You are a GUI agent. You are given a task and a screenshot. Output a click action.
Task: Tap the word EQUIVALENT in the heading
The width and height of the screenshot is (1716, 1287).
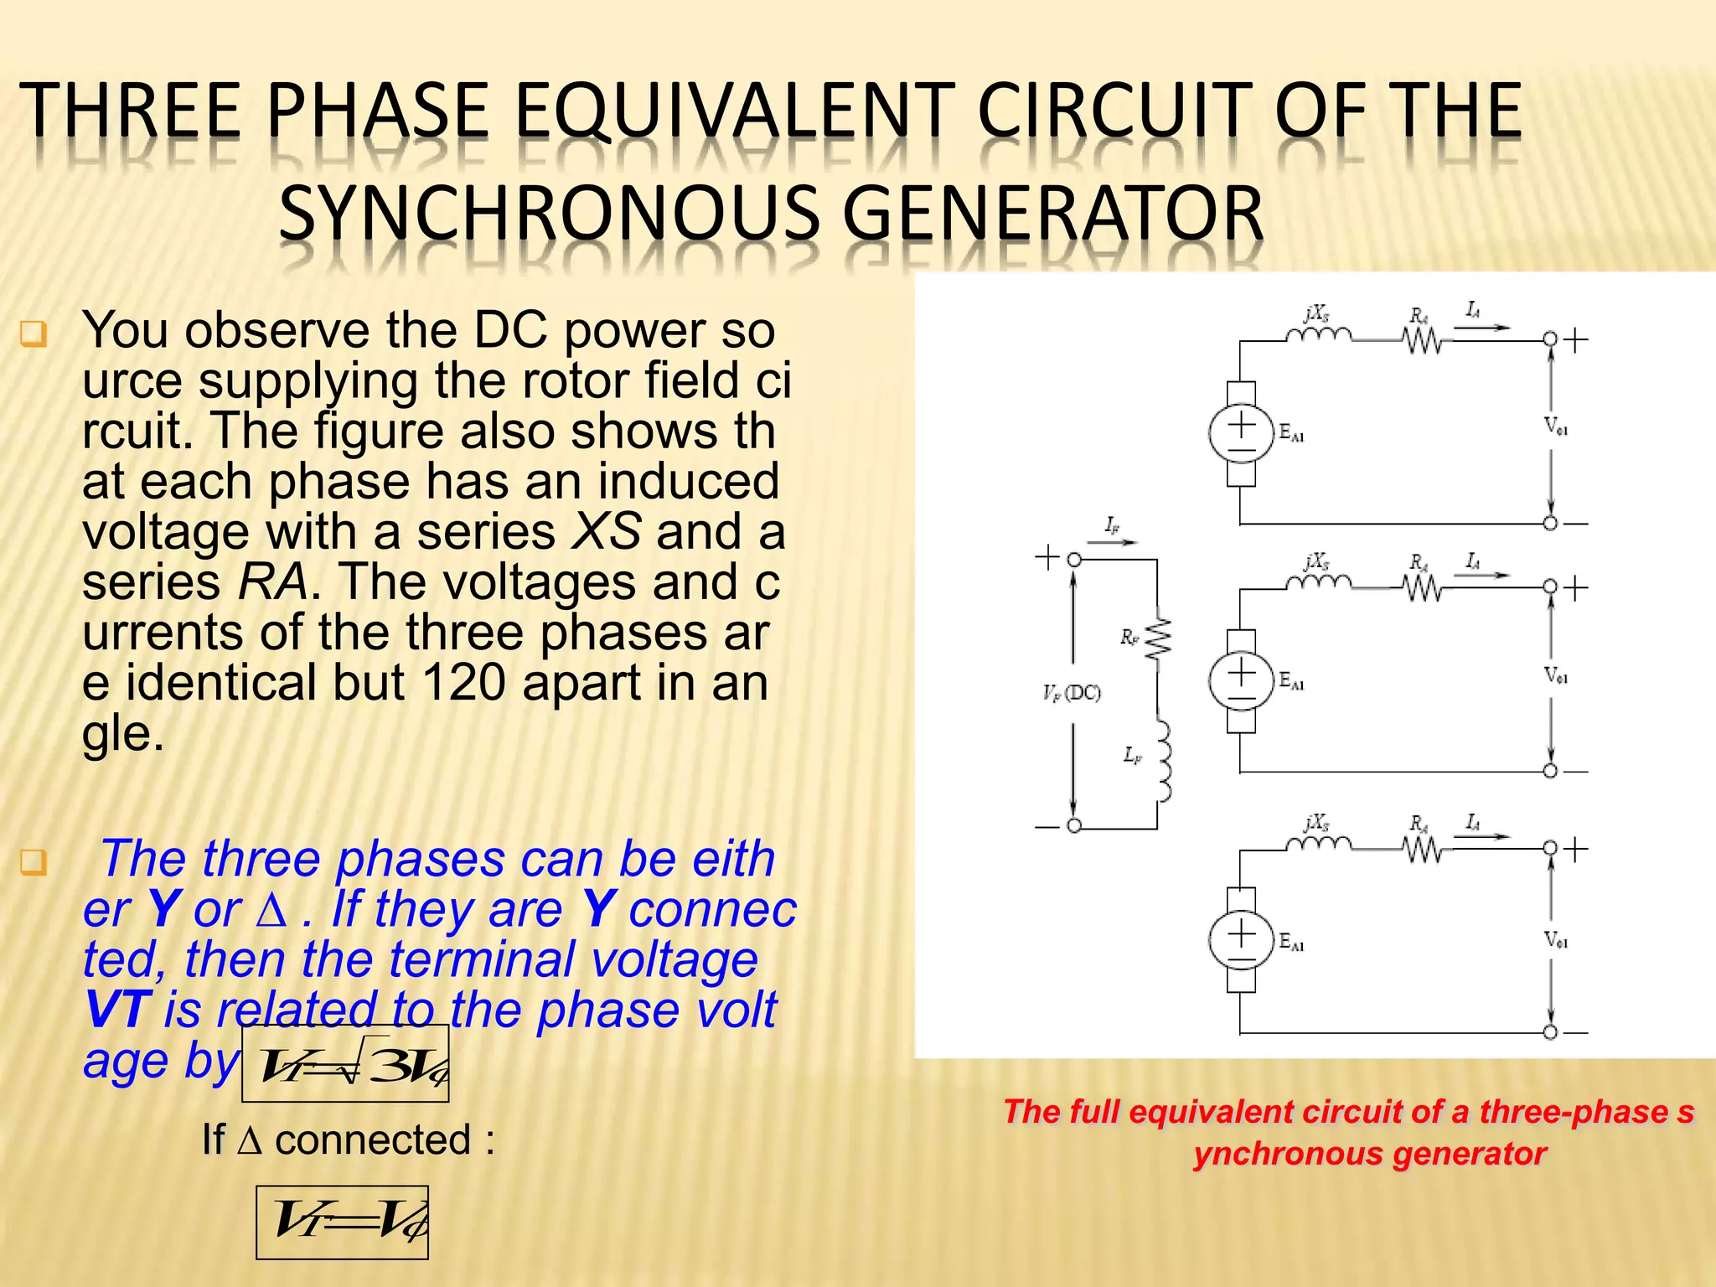click(734, 111)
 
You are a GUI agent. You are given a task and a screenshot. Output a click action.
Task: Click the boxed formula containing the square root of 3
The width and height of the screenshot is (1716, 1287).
click(345, 1063)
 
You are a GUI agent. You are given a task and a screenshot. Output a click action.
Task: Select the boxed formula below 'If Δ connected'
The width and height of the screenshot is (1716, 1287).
click(342, 1222)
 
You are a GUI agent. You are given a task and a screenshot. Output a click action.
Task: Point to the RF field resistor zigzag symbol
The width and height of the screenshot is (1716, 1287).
click(1158, 640)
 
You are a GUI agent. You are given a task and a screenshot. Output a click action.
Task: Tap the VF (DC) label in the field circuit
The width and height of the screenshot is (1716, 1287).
click(1072, 693)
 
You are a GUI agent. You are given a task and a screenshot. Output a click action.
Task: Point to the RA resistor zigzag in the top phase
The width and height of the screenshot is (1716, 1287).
click(1422, 340)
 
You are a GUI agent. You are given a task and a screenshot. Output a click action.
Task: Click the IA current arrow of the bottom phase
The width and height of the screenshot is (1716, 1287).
click(1481, 836)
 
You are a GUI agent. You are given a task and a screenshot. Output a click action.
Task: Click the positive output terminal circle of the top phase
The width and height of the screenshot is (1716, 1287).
click(1550, 339)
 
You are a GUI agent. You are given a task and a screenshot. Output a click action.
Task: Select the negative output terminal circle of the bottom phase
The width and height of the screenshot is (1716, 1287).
click(1550, 1032)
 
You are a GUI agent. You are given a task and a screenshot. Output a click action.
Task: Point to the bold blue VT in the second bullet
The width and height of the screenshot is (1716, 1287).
click(118, 1010)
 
